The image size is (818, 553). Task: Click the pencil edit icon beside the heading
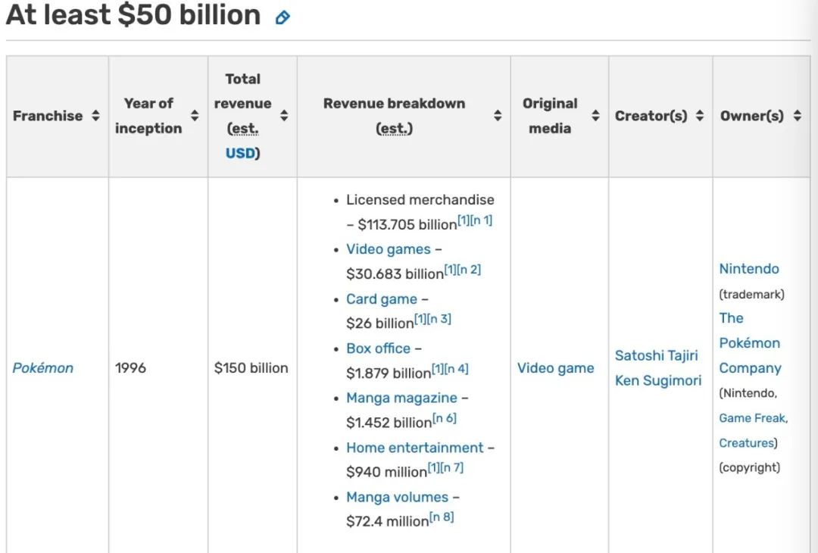point(283,18)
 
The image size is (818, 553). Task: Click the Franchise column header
point(48,116)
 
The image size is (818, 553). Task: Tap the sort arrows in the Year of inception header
point(195,116)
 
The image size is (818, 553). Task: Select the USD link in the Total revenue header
point(241,153)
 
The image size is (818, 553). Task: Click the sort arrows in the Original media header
point(595,116)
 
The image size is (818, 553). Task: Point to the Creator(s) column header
point(651,116)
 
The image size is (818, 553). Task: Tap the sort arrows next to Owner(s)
point(797,116)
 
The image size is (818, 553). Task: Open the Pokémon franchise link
point(42,368)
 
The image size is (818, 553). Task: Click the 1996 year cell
point(130,368)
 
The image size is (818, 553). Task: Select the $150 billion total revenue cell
point(251,368)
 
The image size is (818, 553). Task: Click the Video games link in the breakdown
point(388,249)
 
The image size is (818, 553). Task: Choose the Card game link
point(381,299)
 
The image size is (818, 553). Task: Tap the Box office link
point(378,348)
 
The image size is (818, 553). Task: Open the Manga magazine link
point(401,398)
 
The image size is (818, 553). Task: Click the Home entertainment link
point(415,448)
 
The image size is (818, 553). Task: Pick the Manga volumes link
point(397,497)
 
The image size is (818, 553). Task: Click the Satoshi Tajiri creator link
point(656,356)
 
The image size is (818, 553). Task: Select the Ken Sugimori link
point(658,381)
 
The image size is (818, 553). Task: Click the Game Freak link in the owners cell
point(753,418)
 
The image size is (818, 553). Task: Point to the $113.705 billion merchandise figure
point(407,224)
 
